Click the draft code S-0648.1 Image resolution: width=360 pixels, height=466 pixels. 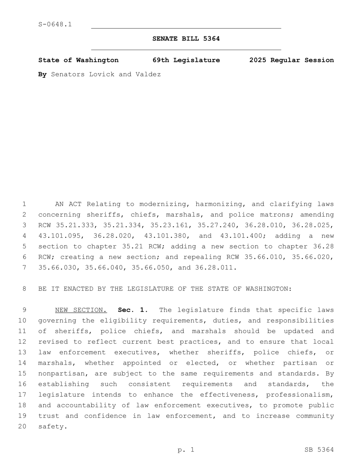pos(55,25)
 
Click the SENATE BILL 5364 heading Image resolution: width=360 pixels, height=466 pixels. pos(186,39)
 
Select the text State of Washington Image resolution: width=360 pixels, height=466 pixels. pos(78,60)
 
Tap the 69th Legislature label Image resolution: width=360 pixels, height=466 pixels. pos(186,60)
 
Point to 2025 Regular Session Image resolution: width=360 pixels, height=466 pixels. pos(291,60)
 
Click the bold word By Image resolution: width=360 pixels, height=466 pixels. pos(42,74)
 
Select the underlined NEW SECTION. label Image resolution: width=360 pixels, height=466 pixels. pos(81,310)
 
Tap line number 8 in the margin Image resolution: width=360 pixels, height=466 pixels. pos(24,289)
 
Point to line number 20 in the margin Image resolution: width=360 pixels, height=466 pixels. pos(22,427)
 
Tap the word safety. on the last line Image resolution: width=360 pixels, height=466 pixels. pos(52,427)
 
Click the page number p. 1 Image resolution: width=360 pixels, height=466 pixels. pos(186,450)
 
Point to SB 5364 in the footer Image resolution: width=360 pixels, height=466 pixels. pos(319,450)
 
